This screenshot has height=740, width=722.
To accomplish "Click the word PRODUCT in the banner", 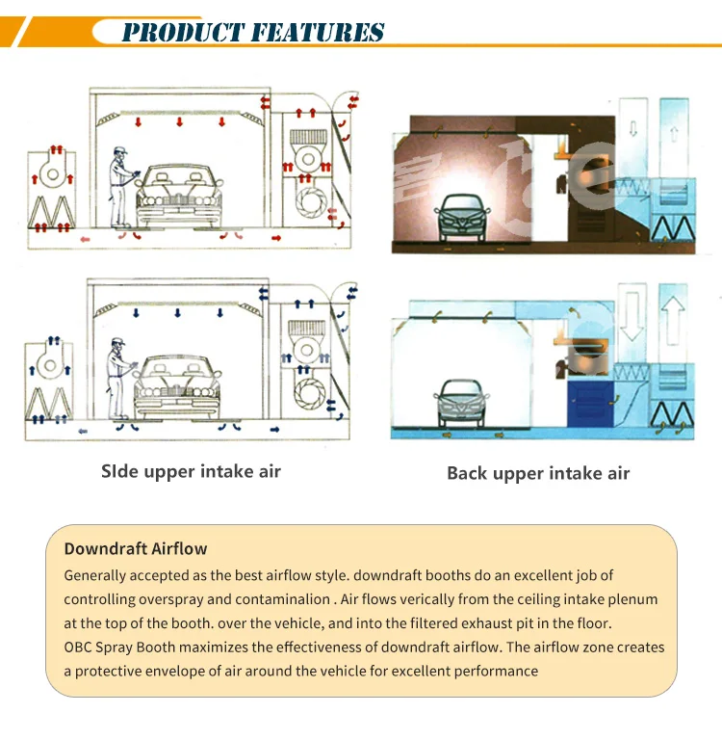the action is [183, 32].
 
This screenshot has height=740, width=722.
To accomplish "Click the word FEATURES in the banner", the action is [318, 32].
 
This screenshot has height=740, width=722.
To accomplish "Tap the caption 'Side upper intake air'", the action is [191, 471].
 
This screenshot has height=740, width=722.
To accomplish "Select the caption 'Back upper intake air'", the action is [538, 473].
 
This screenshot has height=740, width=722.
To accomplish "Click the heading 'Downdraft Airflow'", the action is [136, 548].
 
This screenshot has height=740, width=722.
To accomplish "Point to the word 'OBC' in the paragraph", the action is [78, 647].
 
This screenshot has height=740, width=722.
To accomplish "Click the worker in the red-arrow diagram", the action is [121, 187].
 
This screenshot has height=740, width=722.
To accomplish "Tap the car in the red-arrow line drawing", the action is [179, 197].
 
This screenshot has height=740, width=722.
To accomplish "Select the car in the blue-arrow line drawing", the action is [177, 387].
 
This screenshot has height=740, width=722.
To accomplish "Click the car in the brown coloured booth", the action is [462, 218].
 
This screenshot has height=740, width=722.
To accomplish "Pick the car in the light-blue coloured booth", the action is [461, 403].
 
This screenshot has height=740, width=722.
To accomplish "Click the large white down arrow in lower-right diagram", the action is [631, 316].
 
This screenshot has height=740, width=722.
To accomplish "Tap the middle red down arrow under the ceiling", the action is [179, 122].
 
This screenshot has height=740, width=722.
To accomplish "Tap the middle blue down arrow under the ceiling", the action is [177, 313].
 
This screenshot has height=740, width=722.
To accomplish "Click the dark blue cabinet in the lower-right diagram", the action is [590, 404].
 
